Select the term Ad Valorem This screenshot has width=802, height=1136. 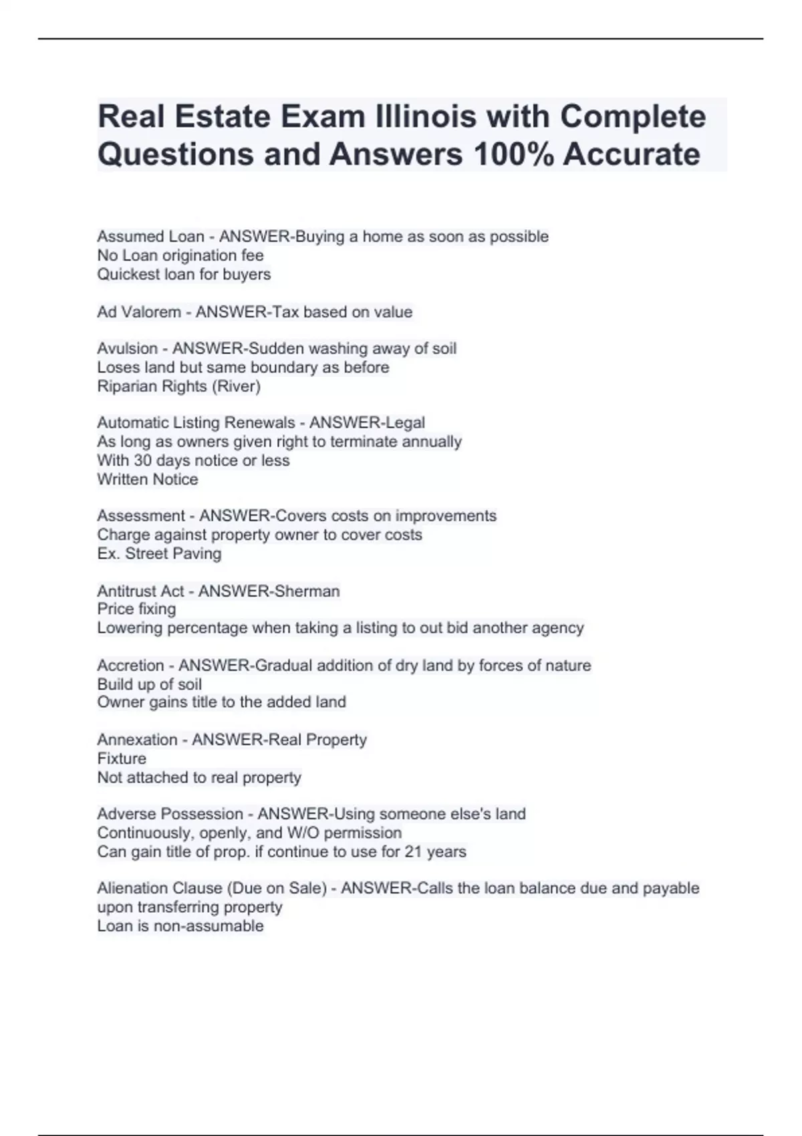pyautogui.click(x=139, y=312)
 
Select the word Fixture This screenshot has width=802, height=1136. pyautogui.click(x=122, y=758)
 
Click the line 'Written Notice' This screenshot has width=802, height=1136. pyautogui.click(x=148, y=479)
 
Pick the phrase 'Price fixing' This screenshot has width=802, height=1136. pyautogui.click(x=136, y=609)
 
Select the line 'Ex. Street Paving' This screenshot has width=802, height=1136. pyautogui.click(x=159, y=553)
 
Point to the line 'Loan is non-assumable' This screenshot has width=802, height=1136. pyautogui.click(x=180, y=926)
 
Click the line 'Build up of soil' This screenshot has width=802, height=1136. pyautogui.click(x=149, y=684)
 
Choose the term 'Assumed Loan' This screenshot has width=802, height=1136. pyautogui.click(x=150, y=237)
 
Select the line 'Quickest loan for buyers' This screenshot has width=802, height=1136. pyautogui.click(x=184, y=274)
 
